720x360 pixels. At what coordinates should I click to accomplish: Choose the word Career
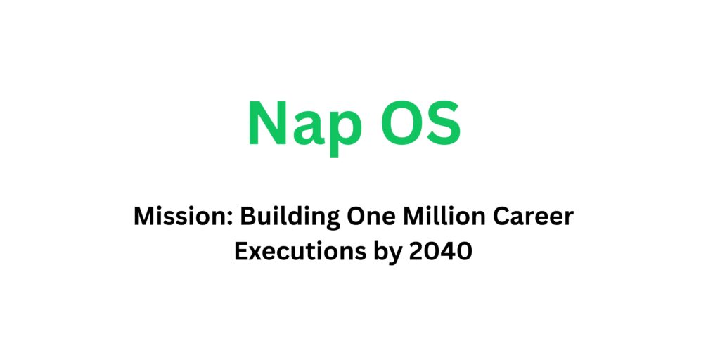coord(539,217)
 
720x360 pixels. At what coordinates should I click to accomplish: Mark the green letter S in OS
coord(444,124)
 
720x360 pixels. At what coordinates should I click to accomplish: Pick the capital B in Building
coord(249,217)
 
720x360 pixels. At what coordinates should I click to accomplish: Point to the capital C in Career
coord(511,217)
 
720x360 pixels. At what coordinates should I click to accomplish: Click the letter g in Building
coord(330,220)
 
